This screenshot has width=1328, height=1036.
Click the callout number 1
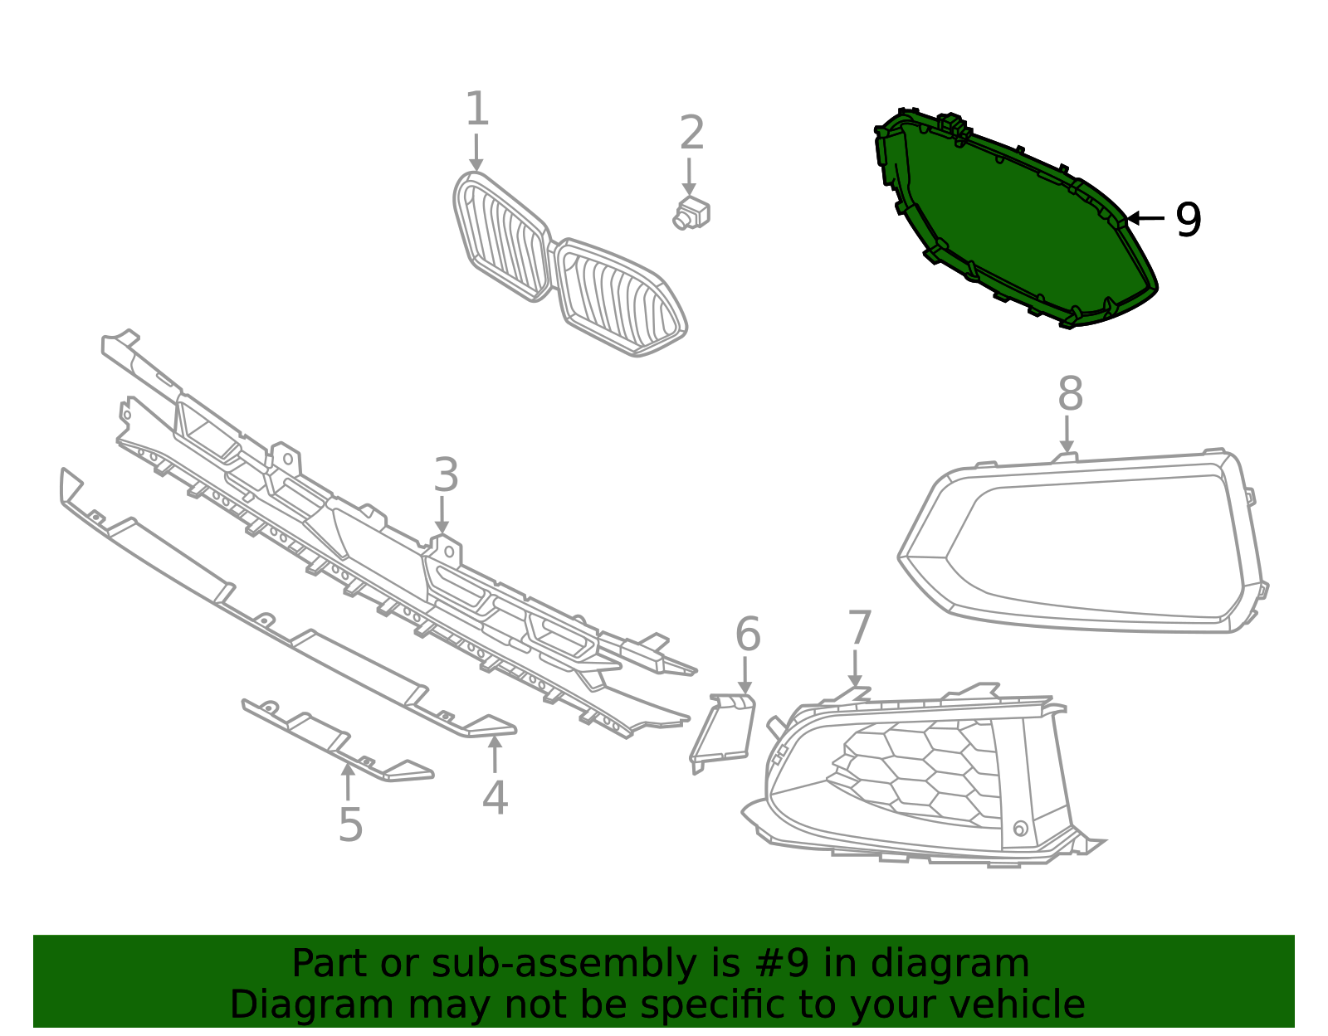[x=477, y=109]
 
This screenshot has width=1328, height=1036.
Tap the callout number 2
[x=692, y=133]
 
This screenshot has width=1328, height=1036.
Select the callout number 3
[x=447, y=475]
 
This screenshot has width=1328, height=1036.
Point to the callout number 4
[x=495, y=797]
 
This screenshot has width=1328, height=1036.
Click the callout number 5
[x=351, y=824]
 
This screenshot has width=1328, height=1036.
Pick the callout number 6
[x=748, y=635]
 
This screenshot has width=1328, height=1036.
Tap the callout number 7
[x=859, y=627]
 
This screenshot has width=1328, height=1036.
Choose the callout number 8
[x=1071, y=394]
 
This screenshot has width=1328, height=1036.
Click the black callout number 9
[x=1189, y=220]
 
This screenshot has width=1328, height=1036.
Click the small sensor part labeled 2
[x=691, y=214]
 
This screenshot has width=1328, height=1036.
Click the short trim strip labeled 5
[x=337, y=740]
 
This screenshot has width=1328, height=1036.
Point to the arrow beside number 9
[x=1145, y=218]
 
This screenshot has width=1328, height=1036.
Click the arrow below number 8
[x=1067, y=434]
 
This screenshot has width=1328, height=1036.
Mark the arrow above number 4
[x=495, y=755]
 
